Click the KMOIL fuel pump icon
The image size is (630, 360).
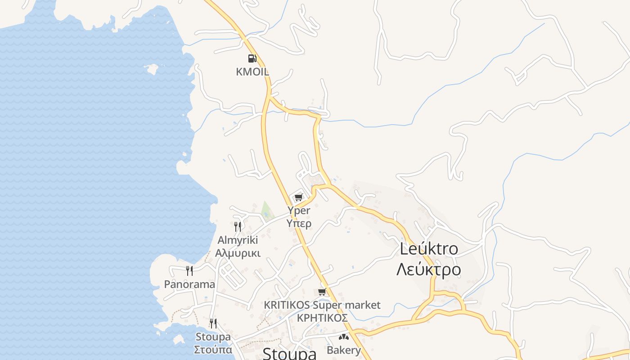[252, 58]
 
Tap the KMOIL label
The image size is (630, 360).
[252, 72]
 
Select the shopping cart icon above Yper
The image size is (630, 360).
[299, 197]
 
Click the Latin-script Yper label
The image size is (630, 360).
[299, 210]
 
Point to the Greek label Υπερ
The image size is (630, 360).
[299, 223]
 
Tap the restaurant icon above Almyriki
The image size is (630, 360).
[238, 226]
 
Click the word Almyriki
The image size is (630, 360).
[238, 239]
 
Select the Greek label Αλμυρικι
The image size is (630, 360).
[238, 253]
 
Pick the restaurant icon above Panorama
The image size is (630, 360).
[189, 270]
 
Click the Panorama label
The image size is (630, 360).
[189, 284]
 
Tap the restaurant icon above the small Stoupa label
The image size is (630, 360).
[213, 323]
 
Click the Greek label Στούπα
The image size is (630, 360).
[213, 350]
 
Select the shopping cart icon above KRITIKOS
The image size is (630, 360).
[322, 292]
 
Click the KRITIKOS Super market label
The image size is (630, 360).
[322, 305]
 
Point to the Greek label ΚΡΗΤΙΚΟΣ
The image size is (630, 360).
[322, 318]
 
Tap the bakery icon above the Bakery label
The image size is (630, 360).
[344, 337]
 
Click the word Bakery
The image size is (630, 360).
[344, 350]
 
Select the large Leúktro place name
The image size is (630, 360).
[429, 249]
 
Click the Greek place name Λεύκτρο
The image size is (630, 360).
[429, 270]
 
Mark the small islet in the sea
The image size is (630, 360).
[151, 69]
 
